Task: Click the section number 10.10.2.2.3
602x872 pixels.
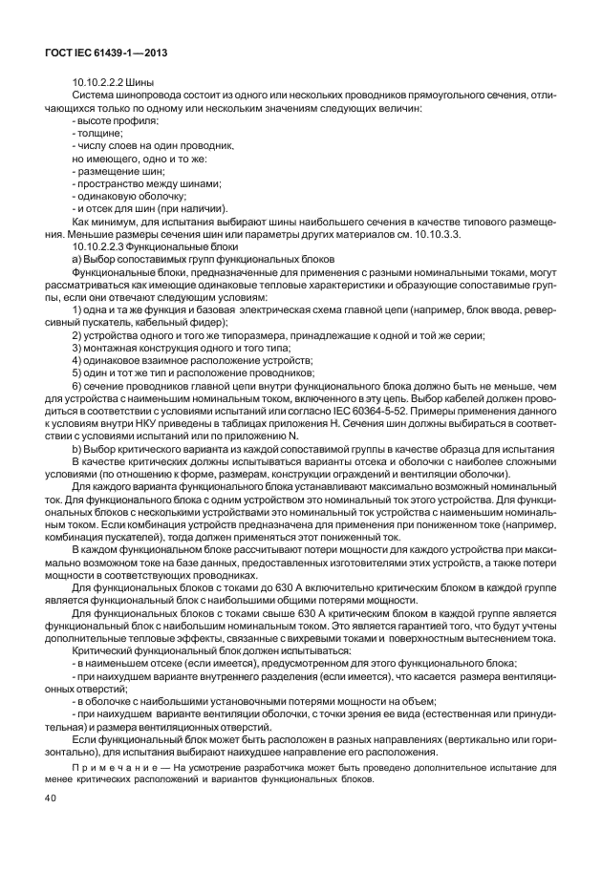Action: (x=103, y=247)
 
